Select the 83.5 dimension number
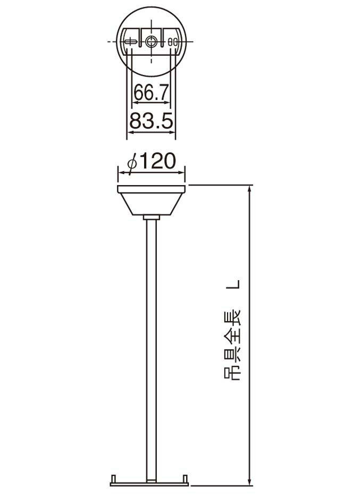tap(152, 122)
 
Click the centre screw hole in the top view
tap(152, 41)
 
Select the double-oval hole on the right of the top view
tap(172, 41)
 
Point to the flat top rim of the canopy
tap(152, 188)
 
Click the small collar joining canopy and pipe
tap(152, 217)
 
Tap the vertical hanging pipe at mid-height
tap(152, 346)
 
